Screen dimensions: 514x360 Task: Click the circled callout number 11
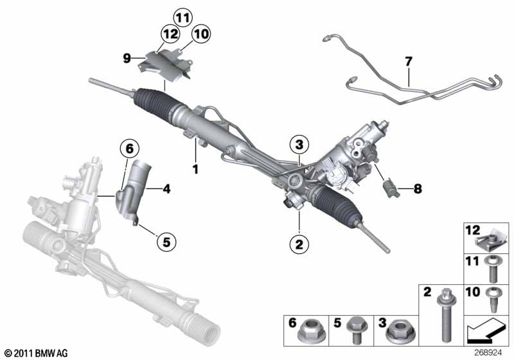tap(182, 16)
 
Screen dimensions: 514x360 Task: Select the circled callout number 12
tap(170, 33)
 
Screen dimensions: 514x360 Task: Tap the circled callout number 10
tap(200, 33)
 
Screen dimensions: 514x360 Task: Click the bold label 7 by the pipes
tap(408, 62)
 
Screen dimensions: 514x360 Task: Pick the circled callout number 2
tap(299, 244)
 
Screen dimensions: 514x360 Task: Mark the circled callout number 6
tap(129, 149)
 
